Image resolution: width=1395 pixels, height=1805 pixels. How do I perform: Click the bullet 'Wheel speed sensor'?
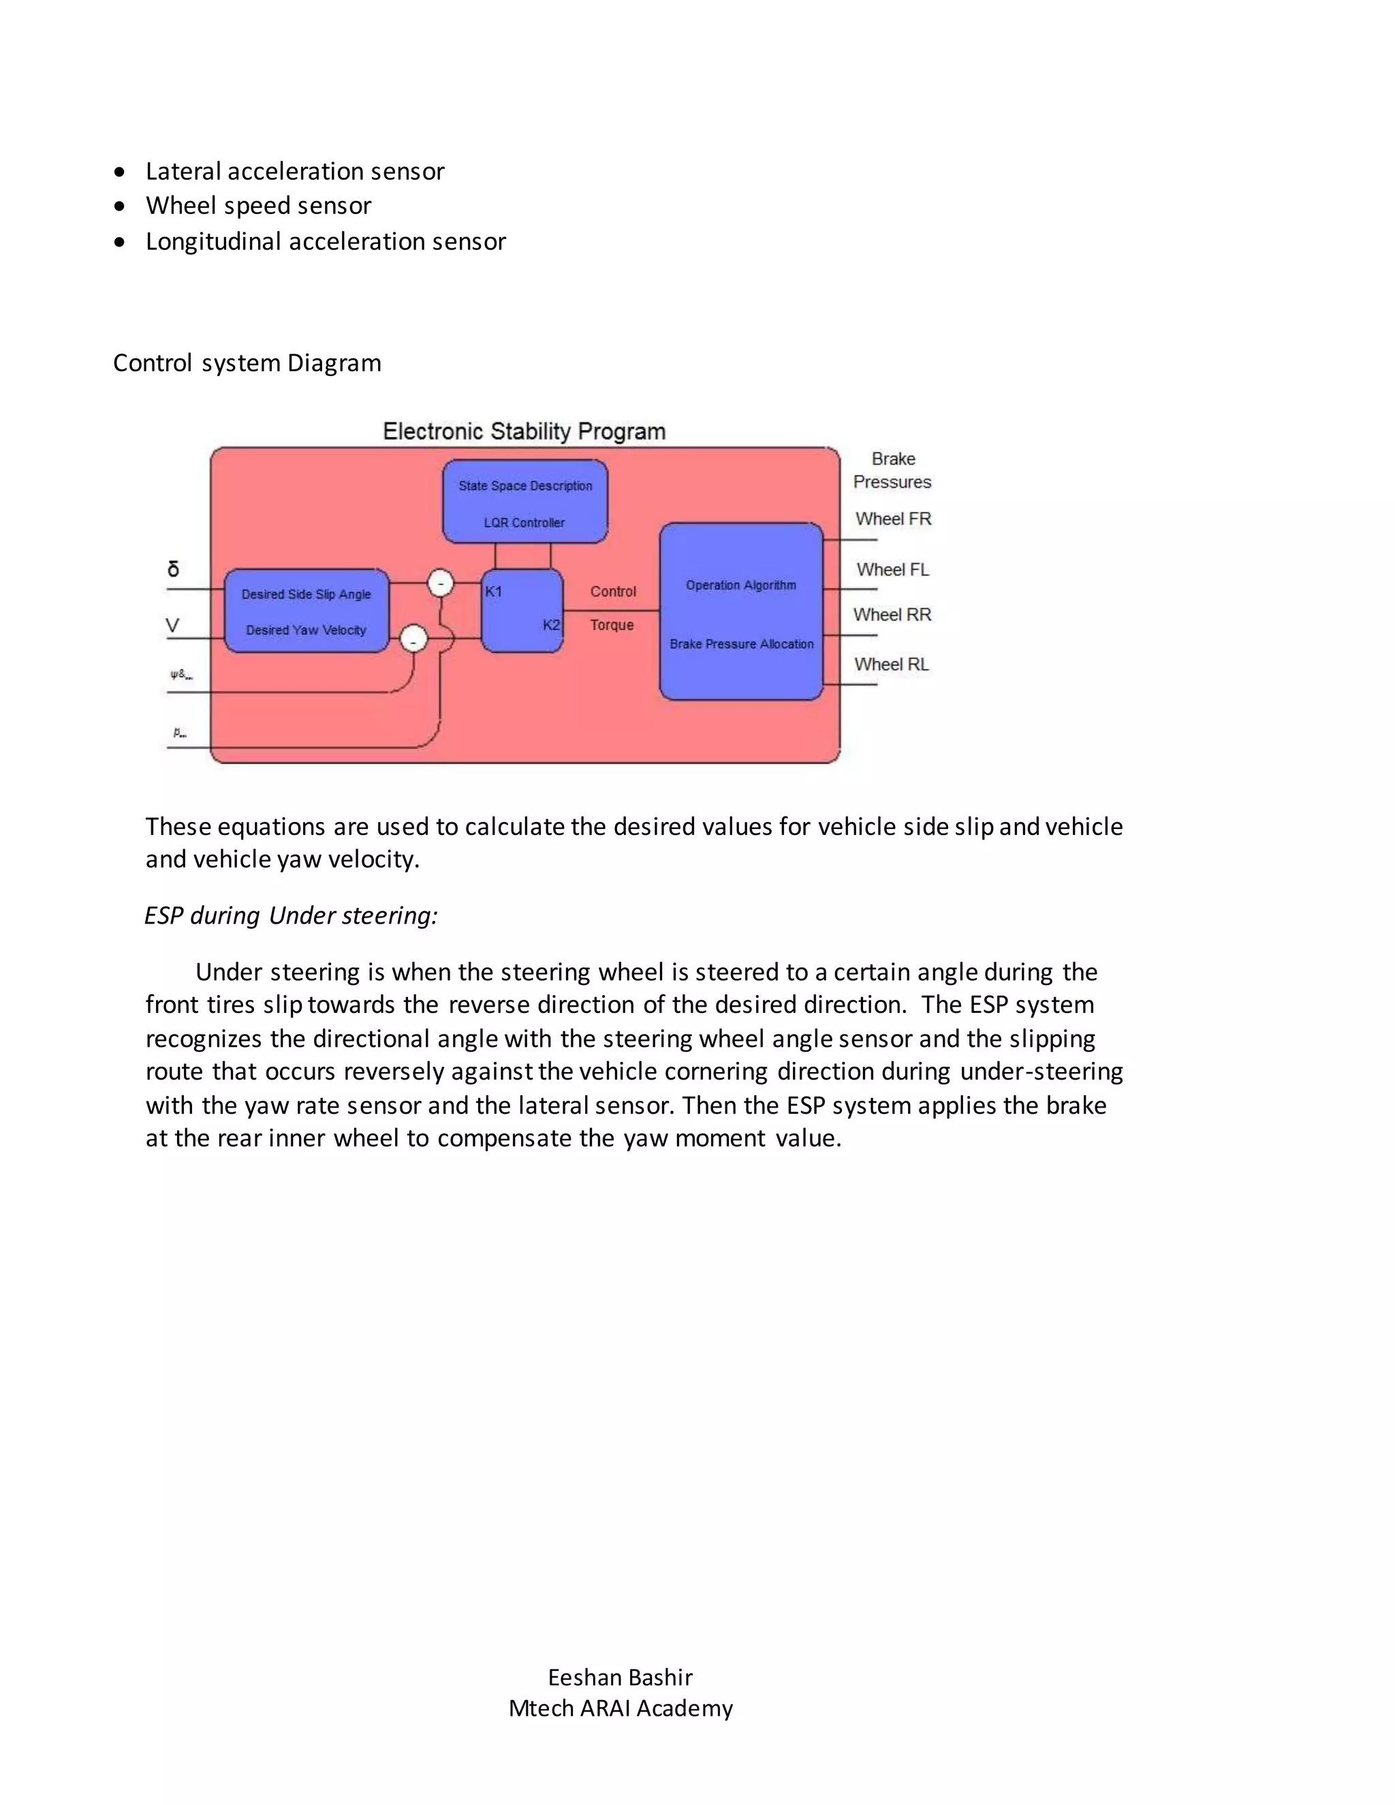258,206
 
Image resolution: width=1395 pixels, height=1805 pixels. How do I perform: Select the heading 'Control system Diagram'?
247,363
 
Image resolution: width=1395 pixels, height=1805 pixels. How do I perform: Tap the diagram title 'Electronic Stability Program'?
524,431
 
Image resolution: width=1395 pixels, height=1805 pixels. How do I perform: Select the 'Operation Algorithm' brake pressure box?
740,612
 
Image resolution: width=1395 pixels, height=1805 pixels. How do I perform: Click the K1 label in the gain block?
493,592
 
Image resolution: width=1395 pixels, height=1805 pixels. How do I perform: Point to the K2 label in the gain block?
550,625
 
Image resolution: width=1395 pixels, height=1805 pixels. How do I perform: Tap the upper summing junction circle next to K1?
441,584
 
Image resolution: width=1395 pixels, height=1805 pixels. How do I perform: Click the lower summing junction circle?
413,639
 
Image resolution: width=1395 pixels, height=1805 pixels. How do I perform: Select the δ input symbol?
173,569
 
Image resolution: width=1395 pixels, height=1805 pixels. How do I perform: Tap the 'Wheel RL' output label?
891,665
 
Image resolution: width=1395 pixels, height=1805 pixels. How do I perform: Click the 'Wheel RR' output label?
892,615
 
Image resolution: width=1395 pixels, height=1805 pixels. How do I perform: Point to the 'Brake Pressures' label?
892,470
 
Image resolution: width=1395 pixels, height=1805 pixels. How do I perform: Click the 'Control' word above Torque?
612,592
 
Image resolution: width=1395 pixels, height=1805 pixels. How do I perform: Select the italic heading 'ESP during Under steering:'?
291,915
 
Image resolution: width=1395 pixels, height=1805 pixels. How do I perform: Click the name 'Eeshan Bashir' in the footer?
620,1677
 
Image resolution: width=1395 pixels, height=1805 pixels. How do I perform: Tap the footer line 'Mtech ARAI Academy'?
620,1708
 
